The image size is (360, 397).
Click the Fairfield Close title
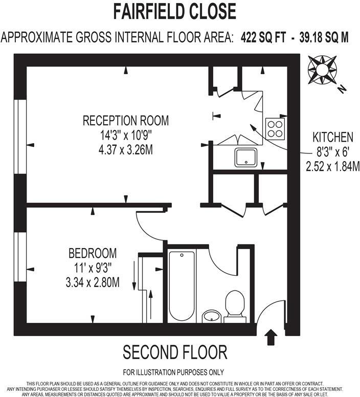click(174, 11)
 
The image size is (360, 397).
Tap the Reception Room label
click(126, 121)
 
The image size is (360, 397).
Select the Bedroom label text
click(93, 253)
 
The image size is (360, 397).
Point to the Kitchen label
click(333, 137)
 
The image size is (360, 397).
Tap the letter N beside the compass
click(342, 89)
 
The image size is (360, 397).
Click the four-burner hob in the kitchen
click(275, 128)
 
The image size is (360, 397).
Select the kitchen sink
click(249, 158)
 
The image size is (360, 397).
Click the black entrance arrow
click(271, 336)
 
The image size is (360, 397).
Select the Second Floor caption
click(174, 352)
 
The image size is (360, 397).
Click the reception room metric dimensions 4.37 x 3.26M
click(126, 151)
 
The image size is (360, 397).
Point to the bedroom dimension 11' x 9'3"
click(92, 268)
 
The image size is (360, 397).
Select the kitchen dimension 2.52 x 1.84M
click(333, 166)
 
